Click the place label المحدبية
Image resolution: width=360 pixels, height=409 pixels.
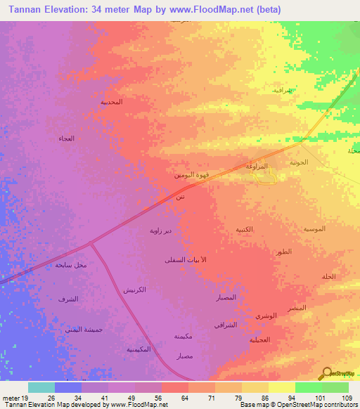(111, 102)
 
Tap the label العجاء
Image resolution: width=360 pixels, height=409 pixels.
(67, 138)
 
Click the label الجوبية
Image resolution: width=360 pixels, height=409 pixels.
(299, 162)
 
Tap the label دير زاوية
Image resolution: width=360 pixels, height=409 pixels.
(160, 230)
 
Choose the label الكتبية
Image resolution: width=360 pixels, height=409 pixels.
(244, 230)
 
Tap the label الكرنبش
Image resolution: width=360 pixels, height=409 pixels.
(134, 290)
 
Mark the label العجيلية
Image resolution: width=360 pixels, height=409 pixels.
(259, 339)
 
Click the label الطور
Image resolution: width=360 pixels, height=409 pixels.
(285, 252)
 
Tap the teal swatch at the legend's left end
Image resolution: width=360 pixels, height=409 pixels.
(41, 387)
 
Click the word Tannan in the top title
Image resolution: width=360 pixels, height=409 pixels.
(20, 9)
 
